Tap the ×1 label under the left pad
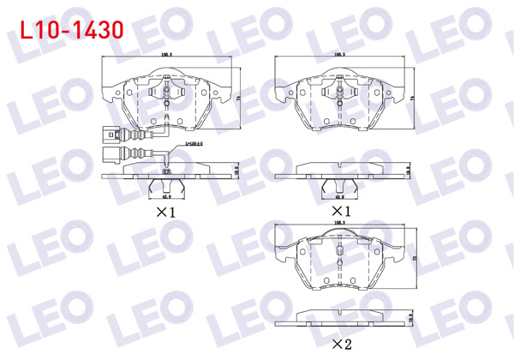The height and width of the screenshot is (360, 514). coord(165,211)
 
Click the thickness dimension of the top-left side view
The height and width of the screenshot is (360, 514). coord(237,171)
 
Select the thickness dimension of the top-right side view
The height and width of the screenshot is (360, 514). coord(409,171)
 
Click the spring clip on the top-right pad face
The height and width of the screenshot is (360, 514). coord(339,91)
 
